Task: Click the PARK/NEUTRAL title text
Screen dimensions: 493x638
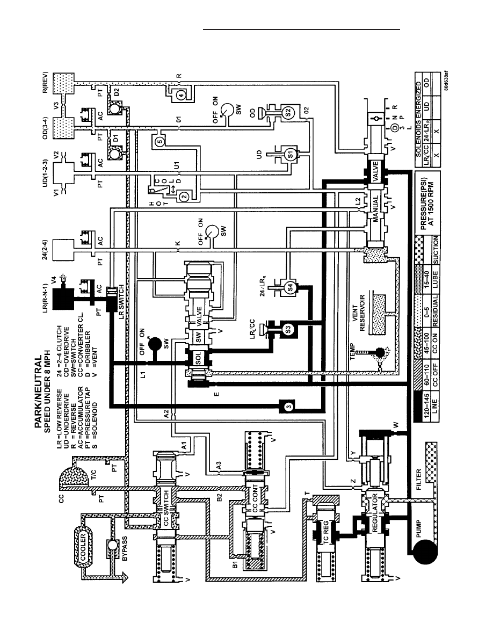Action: (38, 393)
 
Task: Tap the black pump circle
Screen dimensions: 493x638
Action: (425, 551)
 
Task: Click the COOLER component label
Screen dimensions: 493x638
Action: (83, 547)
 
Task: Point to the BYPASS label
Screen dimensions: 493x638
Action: (125, 548)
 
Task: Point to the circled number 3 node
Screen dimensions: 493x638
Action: (288, 406)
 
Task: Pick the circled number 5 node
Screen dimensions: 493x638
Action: (160, 142)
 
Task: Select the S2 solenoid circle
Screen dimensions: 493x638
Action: (287, 112)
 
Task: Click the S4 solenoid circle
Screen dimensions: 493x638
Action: (289, 287)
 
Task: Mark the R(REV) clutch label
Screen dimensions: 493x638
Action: (46, 83)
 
